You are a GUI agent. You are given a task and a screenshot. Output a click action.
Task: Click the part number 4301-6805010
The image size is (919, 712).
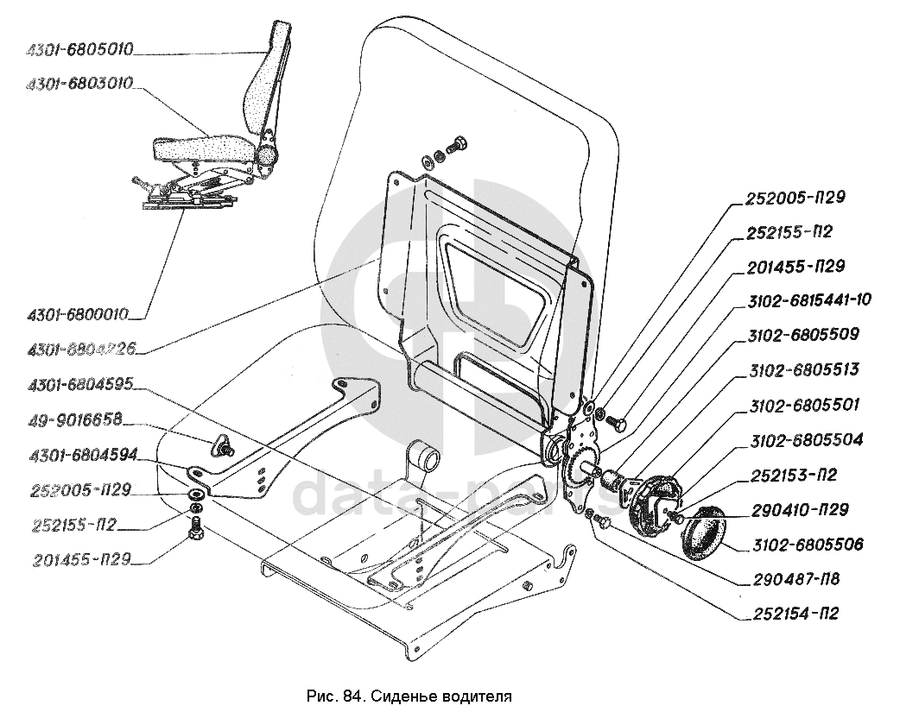click(x=79, y=50)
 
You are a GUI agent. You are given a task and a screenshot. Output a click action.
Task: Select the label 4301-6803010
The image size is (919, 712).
click(x=79, y=84)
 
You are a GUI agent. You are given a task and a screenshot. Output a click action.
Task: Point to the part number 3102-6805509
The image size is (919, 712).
click(x=802, y=335)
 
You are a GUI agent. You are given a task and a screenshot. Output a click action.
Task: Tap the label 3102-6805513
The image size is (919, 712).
click(x=802, y=369)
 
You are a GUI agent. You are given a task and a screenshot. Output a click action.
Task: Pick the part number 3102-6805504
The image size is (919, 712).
click(x=806, y=440)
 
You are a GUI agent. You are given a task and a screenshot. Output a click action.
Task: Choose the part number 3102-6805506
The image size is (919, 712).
click(x=807, y=545)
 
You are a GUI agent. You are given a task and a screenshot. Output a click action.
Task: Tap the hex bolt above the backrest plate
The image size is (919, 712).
click(x=458, y=144)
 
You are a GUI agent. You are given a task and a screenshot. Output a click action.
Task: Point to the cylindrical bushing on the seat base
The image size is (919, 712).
click(x=422, y=455)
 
